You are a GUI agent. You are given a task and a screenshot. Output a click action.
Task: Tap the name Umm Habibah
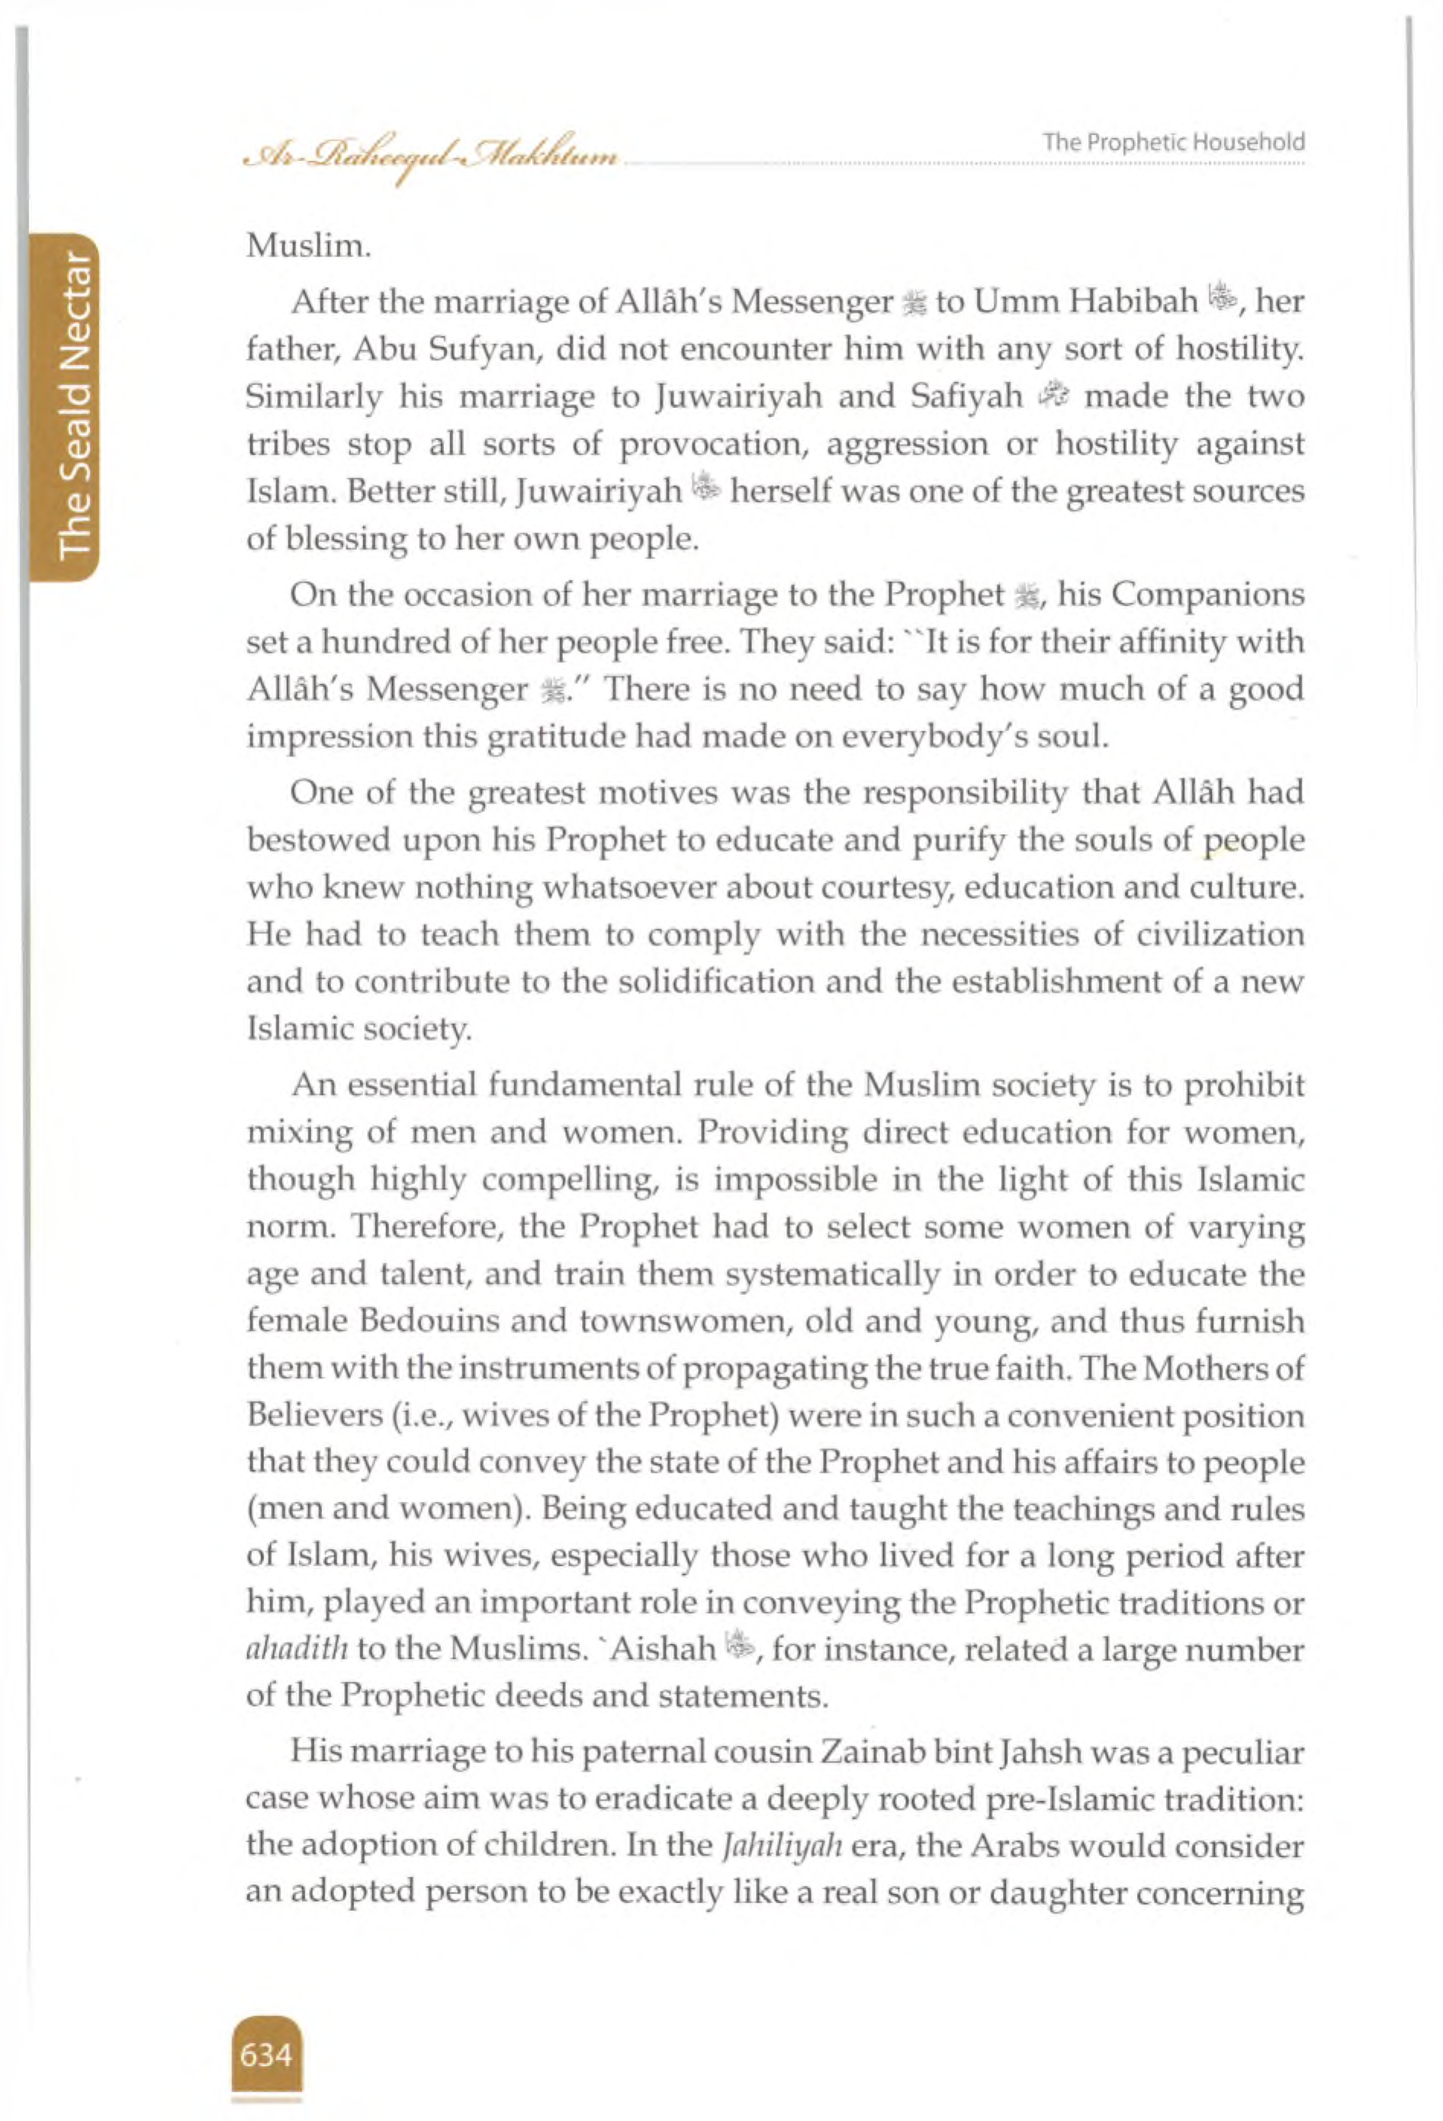point(1085,302)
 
